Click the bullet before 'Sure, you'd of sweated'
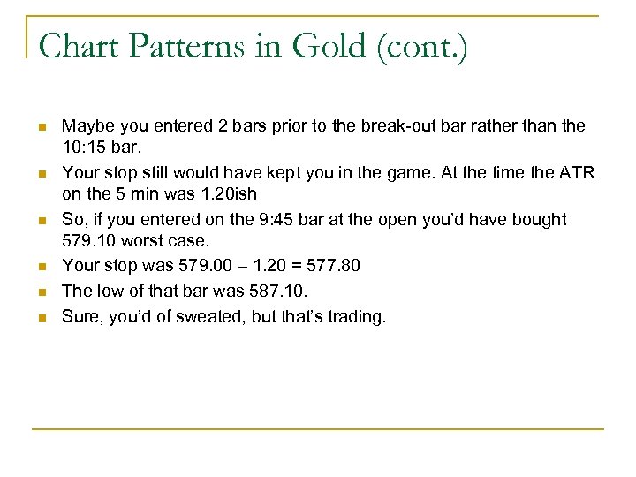41,316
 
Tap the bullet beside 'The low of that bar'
41,291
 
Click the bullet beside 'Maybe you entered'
41,127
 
